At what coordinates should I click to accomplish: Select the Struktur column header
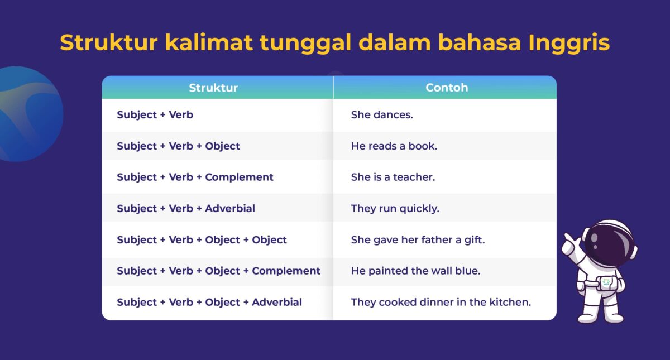pos(213,88)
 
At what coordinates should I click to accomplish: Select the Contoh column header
pos(447,88)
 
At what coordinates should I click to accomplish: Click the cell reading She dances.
pos(382,115)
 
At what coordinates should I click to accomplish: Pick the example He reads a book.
pos(394,146)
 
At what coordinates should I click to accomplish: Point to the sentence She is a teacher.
pos(393,177)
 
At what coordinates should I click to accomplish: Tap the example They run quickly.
pos(395,209)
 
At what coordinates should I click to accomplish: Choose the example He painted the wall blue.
pos(415,271)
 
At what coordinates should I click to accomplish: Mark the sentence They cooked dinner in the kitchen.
pos(441,303)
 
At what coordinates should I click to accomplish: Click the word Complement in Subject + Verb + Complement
pos(239,177)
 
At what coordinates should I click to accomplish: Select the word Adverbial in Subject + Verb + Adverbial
pos(230,209)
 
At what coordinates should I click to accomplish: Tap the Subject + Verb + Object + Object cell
pos(202,240)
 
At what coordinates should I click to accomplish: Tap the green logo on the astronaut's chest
pos(606,282)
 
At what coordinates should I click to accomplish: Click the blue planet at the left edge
pos(28,114)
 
